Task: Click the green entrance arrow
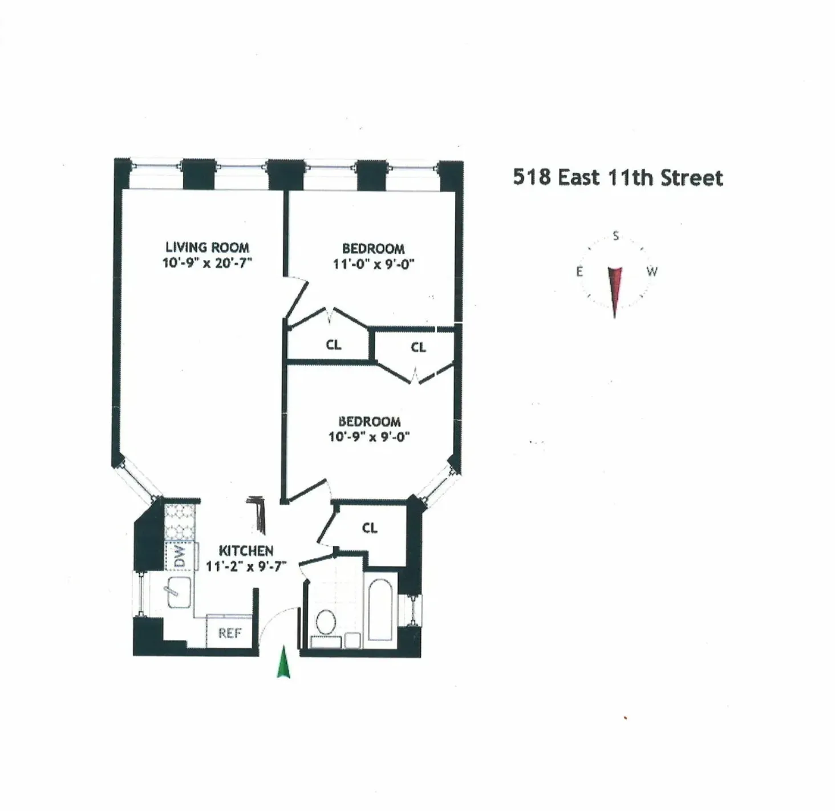(283, 663)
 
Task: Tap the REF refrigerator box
(229, 633)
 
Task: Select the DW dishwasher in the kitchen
(180, 556)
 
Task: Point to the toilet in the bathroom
(326, 622)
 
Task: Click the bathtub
(380, 609)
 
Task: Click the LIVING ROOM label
(207, 248)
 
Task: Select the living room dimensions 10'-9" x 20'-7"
(207, 263)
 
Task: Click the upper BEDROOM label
(373, 249)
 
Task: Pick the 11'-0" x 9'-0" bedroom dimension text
(373, 264)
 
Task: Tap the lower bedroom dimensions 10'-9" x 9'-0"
(369, 437)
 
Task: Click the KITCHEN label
(246, 551)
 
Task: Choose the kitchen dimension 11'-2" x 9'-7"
(246, 566)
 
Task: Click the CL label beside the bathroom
(370, 528)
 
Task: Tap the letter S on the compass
(615, 236)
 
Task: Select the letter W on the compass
(652, 271)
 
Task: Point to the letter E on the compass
(579, 271)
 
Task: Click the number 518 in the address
(532, 177)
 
